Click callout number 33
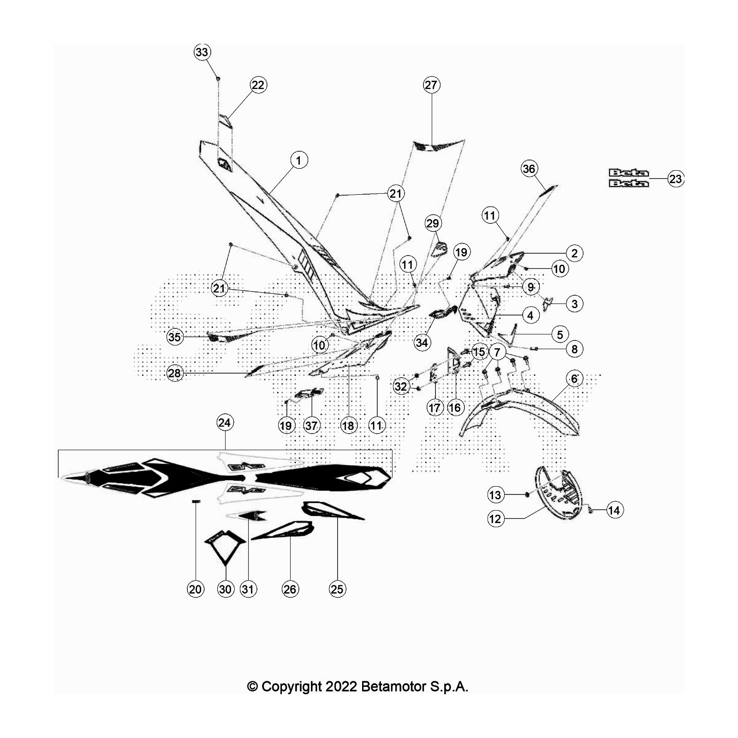coord(202,52)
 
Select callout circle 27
coord(431,85)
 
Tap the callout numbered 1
coord(299,160)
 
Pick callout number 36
coord(529,169)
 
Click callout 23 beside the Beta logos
coord(676,179)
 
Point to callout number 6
coord(574,379)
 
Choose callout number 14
coord(614,510)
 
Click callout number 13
coord(495,495)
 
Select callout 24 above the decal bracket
coord(225,423)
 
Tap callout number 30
coord(225,589)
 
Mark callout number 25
coord(337,589)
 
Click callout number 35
coord(174,337)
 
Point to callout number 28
coord(174,373)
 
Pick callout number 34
coord(422,342)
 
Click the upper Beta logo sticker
coord(628,173)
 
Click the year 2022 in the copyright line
coord(341,687)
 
